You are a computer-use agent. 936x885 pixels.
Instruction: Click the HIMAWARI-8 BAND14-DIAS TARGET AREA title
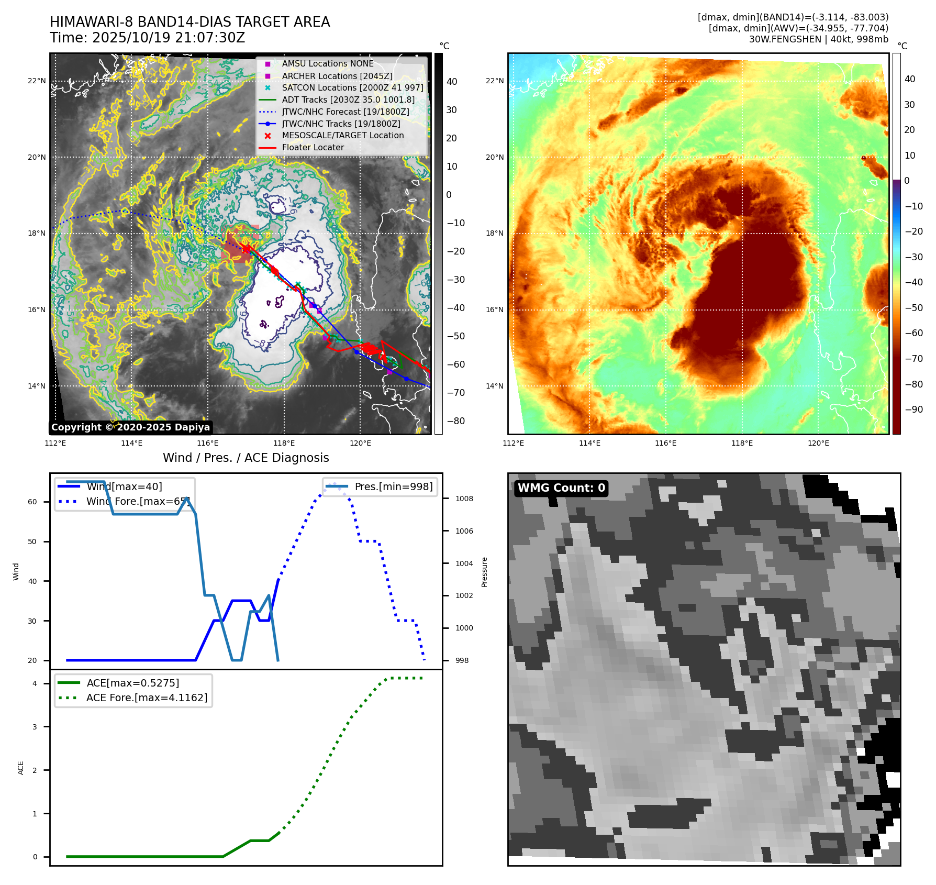[190, 22]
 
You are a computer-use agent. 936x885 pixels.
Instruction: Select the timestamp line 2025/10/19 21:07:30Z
[147, 38]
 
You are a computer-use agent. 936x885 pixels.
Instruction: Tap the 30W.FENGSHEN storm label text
[818, 39]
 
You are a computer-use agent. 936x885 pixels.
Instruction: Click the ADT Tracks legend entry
[348, 99]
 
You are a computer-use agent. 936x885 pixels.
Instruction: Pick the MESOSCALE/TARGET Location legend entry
[342, 135]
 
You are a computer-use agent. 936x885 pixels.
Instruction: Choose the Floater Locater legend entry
[313, 147]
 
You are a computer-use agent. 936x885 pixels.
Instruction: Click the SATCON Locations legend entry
[352, 87]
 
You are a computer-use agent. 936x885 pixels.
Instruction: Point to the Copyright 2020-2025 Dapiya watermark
[130, 427]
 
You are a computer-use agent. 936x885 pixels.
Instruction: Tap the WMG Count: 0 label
[561, 488]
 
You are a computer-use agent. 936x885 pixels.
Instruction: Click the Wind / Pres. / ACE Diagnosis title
[246, 458]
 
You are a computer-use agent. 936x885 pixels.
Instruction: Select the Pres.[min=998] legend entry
[393, 486]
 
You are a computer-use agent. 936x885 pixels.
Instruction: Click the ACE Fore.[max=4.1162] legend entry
[147, 698]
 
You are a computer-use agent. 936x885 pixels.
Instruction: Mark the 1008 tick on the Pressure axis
[464, 499]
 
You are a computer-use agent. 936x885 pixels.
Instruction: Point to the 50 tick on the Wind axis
[32, 541]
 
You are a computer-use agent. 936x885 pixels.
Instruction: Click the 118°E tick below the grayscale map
[284, 444]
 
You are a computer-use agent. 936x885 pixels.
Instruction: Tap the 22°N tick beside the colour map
[494, 81]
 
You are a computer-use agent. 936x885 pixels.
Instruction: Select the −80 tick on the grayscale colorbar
[455, 421]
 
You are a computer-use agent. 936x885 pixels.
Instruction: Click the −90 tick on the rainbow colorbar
[913, 410]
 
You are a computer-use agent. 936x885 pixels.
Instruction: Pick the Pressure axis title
[484, 572]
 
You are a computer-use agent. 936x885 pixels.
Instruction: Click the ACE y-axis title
[21, 768]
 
